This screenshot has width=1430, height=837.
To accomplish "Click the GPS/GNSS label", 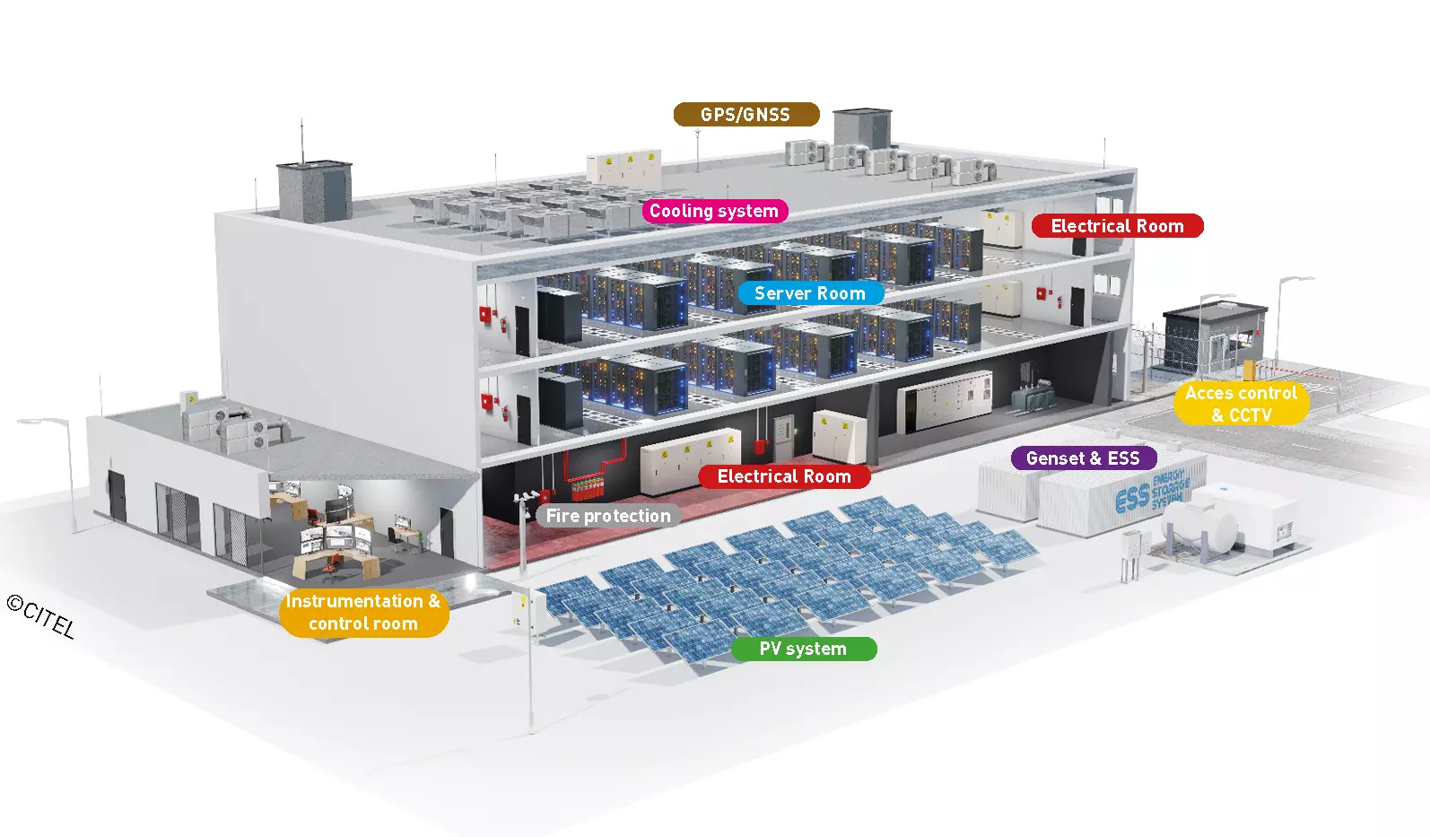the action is coord(746,114).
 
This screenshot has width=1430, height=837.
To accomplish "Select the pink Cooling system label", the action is coord(714,211).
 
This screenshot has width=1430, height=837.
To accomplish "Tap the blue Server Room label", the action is coord(811,293).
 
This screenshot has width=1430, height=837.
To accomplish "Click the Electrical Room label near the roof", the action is coord(1117,225).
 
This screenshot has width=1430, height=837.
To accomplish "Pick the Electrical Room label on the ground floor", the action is coord(784,476).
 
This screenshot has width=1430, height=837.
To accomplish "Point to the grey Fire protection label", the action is coord(608,516).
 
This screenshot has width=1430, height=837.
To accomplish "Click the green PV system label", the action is coord(804,649).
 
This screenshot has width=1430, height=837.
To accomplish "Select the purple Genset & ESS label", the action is coord(1084,458).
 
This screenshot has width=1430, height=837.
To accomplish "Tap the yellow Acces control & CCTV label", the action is coord(1242,404).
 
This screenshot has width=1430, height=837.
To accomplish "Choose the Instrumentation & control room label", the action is coord(364,612).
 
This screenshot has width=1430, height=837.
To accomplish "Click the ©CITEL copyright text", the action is coord(41,616).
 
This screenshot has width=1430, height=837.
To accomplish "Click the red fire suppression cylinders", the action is coord(588,489).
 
